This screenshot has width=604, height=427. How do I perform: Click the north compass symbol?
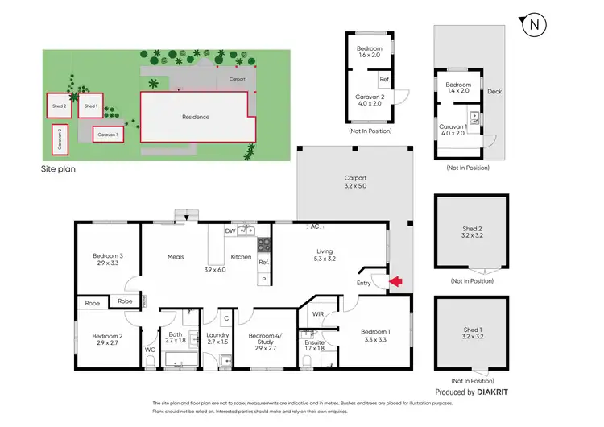[x=534, y=26]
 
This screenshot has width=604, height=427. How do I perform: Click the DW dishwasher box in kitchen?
[x=230, y=230]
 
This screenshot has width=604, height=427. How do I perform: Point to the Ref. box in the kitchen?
[x=263, y=263]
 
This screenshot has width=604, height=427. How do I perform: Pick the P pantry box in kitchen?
[x=263, y=279]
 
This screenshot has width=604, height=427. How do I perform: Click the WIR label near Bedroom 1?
[x=317, y=313]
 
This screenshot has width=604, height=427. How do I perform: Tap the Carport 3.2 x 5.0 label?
[x=355, y=182]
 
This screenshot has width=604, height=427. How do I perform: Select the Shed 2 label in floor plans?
[x=471, y=233]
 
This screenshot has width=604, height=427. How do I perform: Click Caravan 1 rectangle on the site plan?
[x=108, y=134]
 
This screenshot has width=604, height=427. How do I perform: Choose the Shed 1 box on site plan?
[x=89, y=106]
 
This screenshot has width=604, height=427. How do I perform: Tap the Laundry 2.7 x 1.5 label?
[x=218, y=338]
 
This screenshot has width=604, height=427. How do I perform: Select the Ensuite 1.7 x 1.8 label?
[x=314, y=346]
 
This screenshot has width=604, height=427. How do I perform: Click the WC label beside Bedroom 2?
[x=149, y=350]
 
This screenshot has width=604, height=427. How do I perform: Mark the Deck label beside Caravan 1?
[x=494, y=92]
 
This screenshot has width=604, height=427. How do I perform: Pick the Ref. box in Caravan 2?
[x=384, y=81]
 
